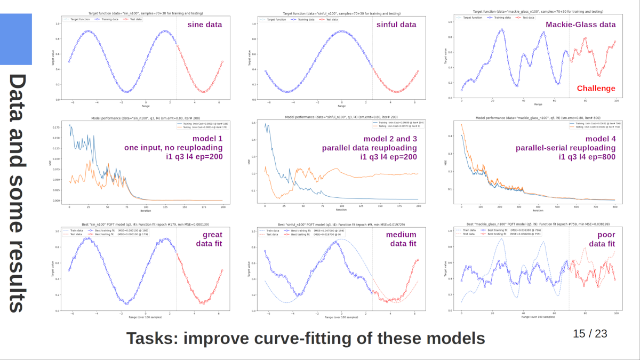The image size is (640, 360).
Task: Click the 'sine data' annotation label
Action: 204,25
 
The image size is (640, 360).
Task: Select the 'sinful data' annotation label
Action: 396,25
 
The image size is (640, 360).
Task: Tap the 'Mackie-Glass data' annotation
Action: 580,25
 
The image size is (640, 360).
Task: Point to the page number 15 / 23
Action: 590,334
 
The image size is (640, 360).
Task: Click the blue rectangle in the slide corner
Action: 16,39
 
